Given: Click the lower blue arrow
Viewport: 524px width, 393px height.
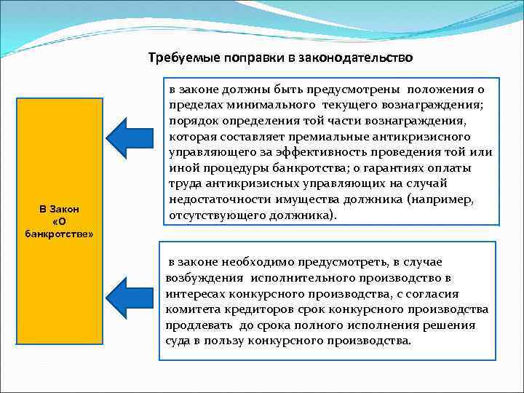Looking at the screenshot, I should [135, 298].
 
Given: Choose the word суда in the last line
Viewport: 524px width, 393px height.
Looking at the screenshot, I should [178, 341].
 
